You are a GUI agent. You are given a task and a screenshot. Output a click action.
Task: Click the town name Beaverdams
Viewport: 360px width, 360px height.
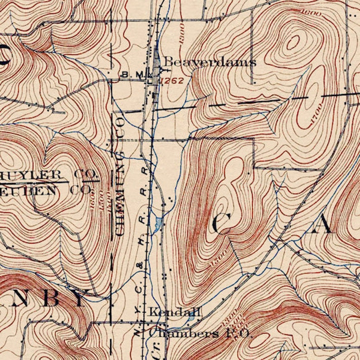[209, 62]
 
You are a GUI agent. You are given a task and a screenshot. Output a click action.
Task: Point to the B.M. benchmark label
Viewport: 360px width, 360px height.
[132, 73]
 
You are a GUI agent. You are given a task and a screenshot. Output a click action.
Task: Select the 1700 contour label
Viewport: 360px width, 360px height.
[316, 115]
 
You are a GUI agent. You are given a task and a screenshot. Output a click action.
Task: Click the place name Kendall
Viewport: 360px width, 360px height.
[175, 312]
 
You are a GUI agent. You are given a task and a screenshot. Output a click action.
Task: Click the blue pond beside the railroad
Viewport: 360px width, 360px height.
[158, 223]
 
